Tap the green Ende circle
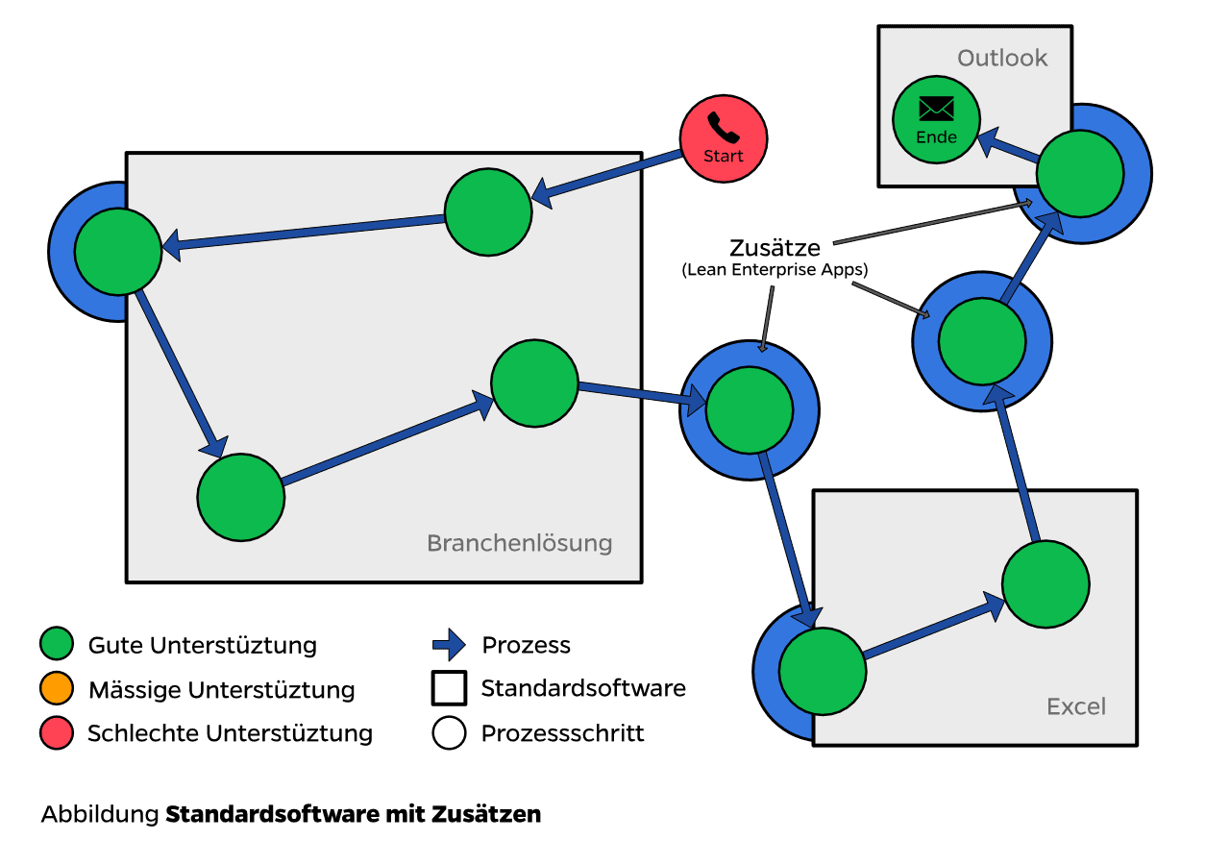tap(936, 121)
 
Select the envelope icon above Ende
tap(936, 108)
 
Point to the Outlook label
tap(1002, 59)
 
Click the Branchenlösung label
tap(519, 543)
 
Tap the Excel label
tap(1076, 707)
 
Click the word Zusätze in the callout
tap(775, 249)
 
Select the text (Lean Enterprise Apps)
tap(775, 271)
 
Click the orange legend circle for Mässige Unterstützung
tap(57, 689)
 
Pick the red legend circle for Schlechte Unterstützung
tap(57, 734)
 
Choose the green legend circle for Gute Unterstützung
tap(57, 644)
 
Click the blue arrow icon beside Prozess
tap(449, 645)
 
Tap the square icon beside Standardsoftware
tap(449, 688)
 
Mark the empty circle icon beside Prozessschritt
tap(449, 734)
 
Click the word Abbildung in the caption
tap(99, 815)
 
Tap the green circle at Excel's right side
tap(1045, 584)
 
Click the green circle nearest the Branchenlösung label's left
tap(241, 498)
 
